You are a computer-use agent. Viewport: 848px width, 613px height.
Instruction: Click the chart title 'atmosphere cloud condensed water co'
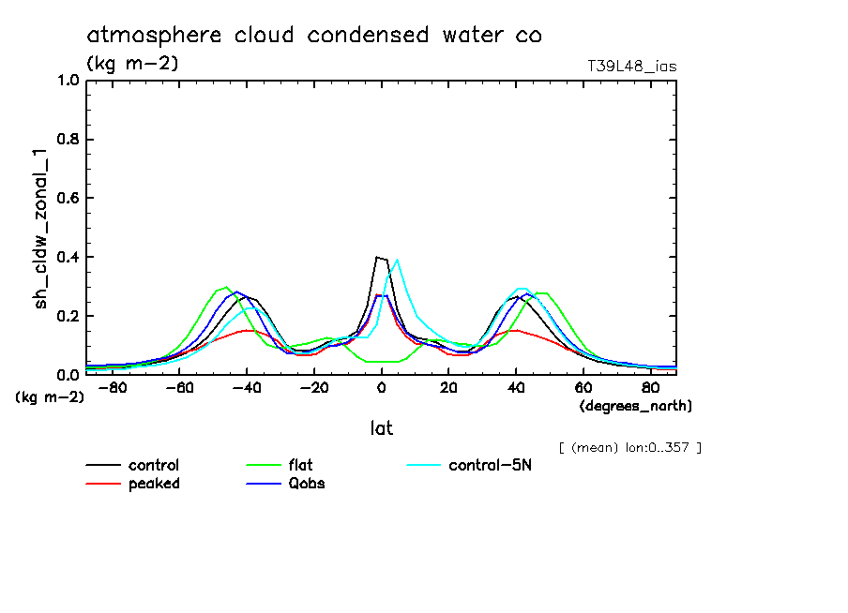314,36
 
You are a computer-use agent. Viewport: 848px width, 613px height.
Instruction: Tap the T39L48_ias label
631,67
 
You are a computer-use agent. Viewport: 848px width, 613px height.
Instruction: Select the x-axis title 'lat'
380,428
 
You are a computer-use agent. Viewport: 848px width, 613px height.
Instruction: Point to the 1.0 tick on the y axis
68,81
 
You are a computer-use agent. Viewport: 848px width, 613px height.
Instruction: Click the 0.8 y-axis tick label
68,140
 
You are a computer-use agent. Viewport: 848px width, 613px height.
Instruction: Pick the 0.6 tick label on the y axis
68,199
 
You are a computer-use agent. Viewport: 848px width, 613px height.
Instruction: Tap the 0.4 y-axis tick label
68,258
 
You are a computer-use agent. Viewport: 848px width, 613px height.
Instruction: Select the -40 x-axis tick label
247,388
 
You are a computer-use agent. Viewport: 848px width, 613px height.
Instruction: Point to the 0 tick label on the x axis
382,388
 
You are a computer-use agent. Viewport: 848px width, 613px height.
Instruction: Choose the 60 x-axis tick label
583,388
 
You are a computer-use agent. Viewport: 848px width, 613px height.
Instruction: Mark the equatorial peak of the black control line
377,257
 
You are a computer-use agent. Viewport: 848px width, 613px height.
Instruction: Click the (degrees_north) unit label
636,406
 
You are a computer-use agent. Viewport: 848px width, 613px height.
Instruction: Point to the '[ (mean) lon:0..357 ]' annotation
628,447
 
